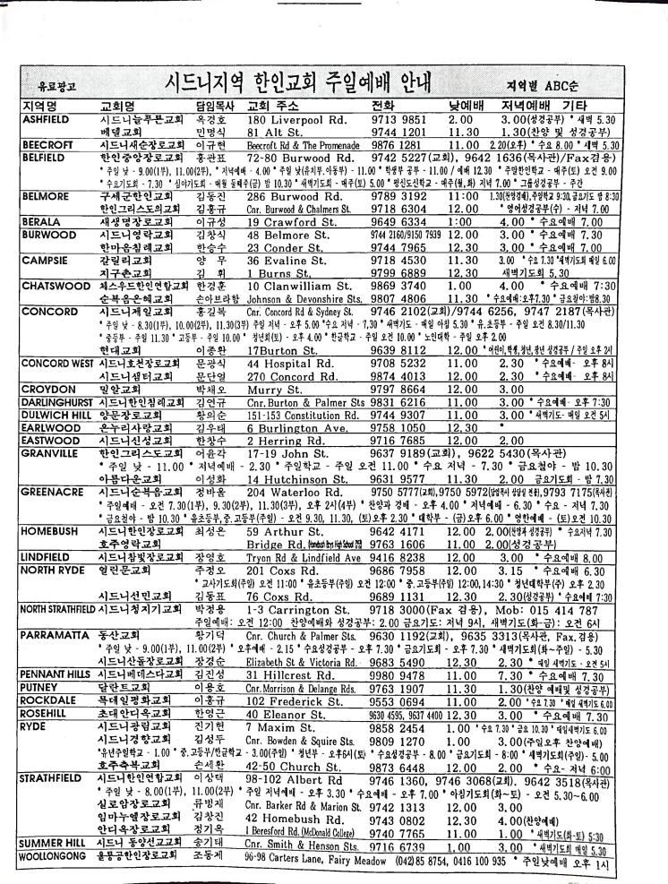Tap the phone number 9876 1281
click(404, 144)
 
